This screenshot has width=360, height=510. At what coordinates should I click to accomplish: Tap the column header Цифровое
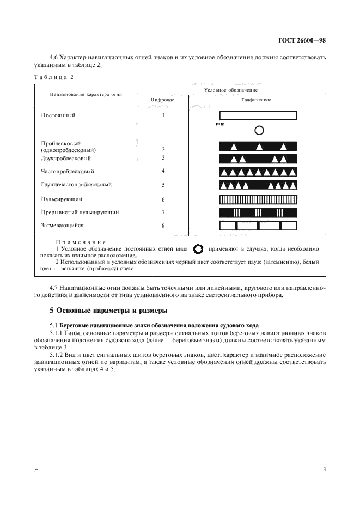(163, 100)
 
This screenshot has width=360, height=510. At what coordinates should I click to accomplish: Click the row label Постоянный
(58, 116)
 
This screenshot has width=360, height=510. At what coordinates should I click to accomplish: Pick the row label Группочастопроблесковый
(76, 185)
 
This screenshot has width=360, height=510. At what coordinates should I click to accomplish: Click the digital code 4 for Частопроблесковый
(163, 172)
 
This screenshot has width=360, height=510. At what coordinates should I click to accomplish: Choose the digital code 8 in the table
(163, 226)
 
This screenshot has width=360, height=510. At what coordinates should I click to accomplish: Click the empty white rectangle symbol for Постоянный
(258, 116)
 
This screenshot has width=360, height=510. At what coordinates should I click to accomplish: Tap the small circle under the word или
(259, 130)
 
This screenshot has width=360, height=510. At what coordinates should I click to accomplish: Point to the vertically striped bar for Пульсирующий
(258, 199)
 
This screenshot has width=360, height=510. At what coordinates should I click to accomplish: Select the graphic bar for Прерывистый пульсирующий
(258, 212)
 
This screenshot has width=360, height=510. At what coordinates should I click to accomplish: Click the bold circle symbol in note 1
(198, 249)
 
